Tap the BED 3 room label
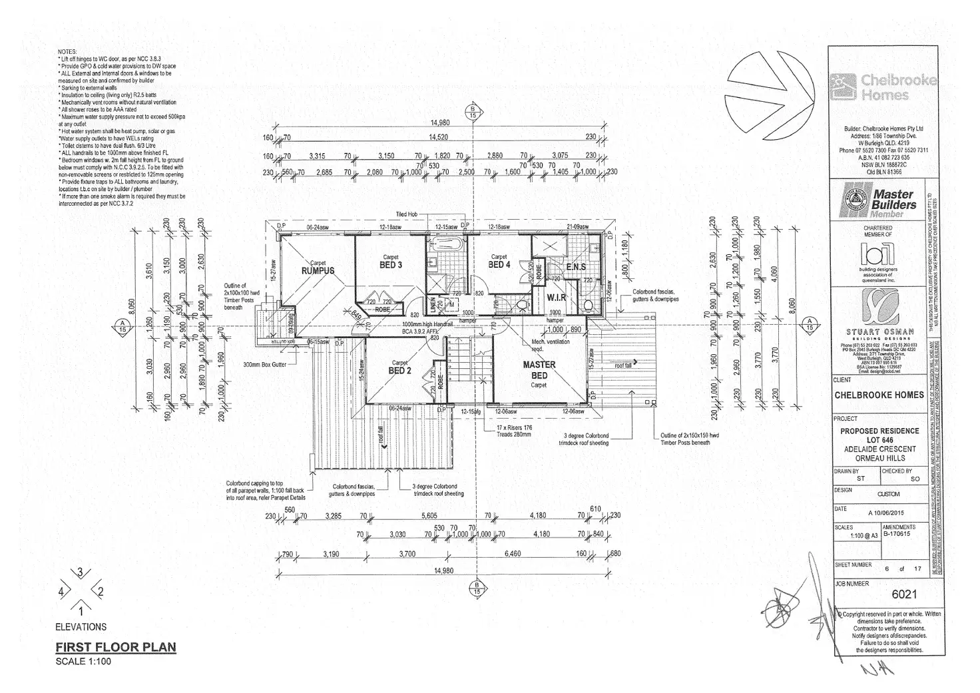[x=390, y=265]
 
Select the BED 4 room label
[x=499, y=265]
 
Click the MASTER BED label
[x=539, y=370]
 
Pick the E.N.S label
[x=575, y=268]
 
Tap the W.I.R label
[x=557, y=298]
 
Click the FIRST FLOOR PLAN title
[x=115, y=646]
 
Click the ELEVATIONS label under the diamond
[x=81, y=626]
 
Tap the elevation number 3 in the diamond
[x=81, y=572]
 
